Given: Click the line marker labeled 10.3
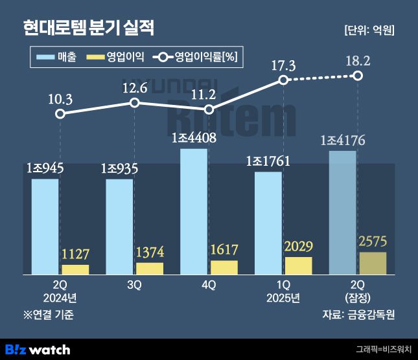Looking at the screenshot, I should (60, 114).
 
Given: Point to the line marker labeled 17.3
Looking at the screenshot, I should (283, 80).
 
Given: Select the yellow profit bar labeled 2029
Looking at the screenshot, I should (298, 265).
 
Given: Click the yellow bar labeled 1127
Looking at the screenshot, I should (75, 269).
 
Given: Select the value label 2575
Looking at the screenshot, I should (373, 242).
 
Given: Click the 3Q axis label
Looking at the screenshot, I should (134, 285).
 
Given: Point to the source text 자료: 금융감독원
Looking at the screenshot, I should (358, 315).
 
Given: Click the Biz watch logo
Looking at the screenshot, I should (37, 350).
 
